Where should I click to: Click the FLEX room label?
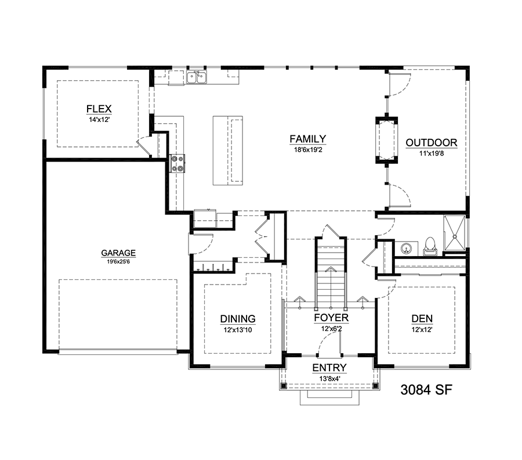(x=98, y=109)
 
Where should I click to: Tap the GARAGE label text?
(x=118, y=253)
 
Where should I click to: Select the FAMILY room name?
(x=307, y=139)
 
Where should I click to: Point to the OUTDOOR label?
(x=431, y=142)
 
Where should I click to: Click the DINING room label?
(x=238, y=318)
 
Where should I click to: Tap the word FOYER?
(x=331, y=318)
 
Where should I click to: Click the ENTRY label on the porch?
(x=329, y=368)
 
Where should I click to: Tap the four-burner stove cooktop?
(x=177, y=163)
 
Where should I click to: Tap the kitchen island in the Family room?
(x=227, y=150)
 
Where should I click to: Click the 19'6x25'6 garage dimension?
(x=118, y=261)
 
